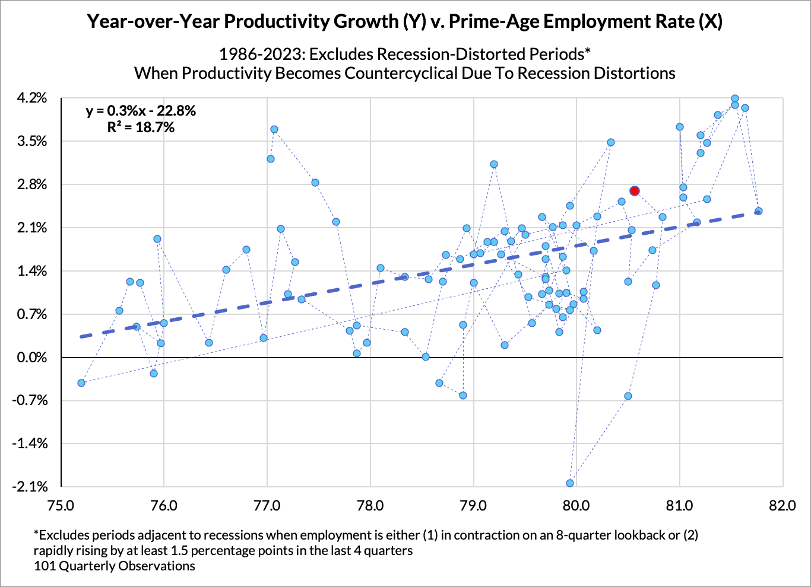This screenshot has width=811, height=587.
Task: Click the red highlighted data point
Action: point(635,191)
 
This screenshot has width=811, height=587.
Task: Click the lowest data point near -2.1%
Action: point(570,483)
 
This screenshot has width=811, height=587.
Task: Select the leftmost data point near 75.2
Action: point(81,383)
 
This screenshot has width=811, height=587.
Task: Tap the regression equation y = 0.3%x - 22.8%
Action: point(141,111)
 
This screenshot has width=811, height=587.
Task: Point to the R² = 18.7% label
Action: point(141,127)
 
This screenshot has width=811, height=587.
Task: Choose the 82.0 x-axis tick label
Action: point(783,506)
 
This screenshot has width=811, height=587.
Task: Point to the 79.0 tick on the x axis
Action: point(473,506)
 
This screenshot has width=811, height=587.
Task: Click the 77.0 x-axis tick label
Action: point(267,506)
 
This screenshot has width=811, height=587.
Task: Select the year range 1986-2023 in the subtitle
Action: point(261,54)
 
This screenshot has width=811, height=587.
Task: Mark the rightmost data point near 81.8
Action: point(758,211)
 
